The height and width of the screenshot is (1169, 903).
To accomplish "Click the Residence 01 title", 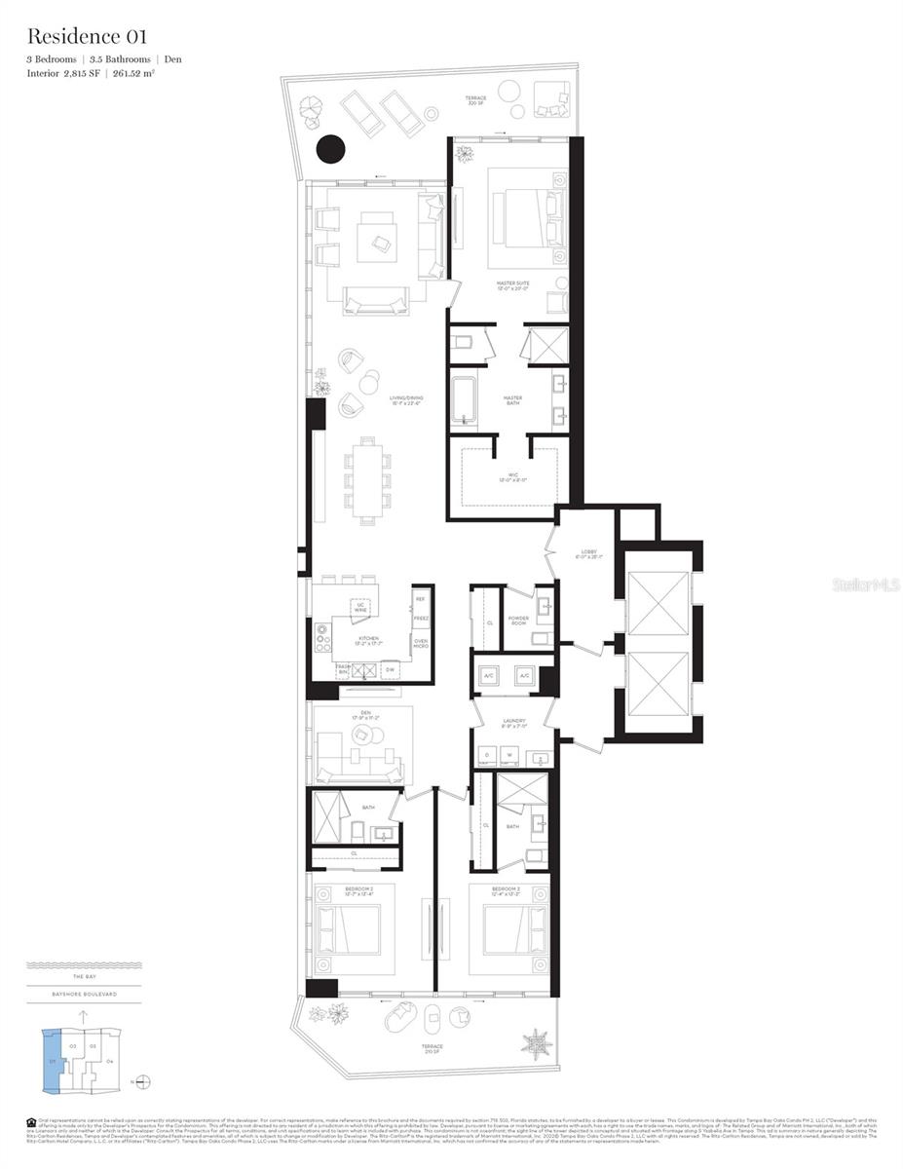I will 88,37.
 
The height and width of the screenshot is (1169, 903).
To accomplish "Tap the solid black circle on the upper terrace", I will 331,149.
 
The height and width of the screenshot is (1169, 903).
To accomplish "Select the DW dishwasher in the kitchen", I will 389,670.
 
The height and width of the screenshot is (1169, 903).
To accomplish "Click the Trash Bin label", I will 342,669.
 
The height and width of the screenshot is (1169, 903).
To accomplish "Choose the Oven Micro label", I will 421,644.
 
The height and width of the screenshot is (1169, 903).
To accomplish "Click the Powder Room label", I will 518,621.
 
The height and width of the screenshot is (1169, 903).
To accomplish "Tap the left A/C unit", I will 487,675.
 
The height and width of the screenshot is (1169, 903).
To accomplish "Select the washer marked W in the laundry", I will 507,756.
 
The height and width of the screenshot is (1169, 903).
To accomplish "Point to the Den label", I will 366,715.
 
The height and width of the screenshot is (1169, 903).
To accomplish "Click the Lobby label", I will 588,555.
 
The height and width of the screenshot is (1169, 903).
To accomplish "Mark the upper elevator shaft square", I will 658,604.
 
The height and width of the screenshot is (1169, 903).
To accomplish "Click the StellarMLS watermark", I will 862,584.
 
